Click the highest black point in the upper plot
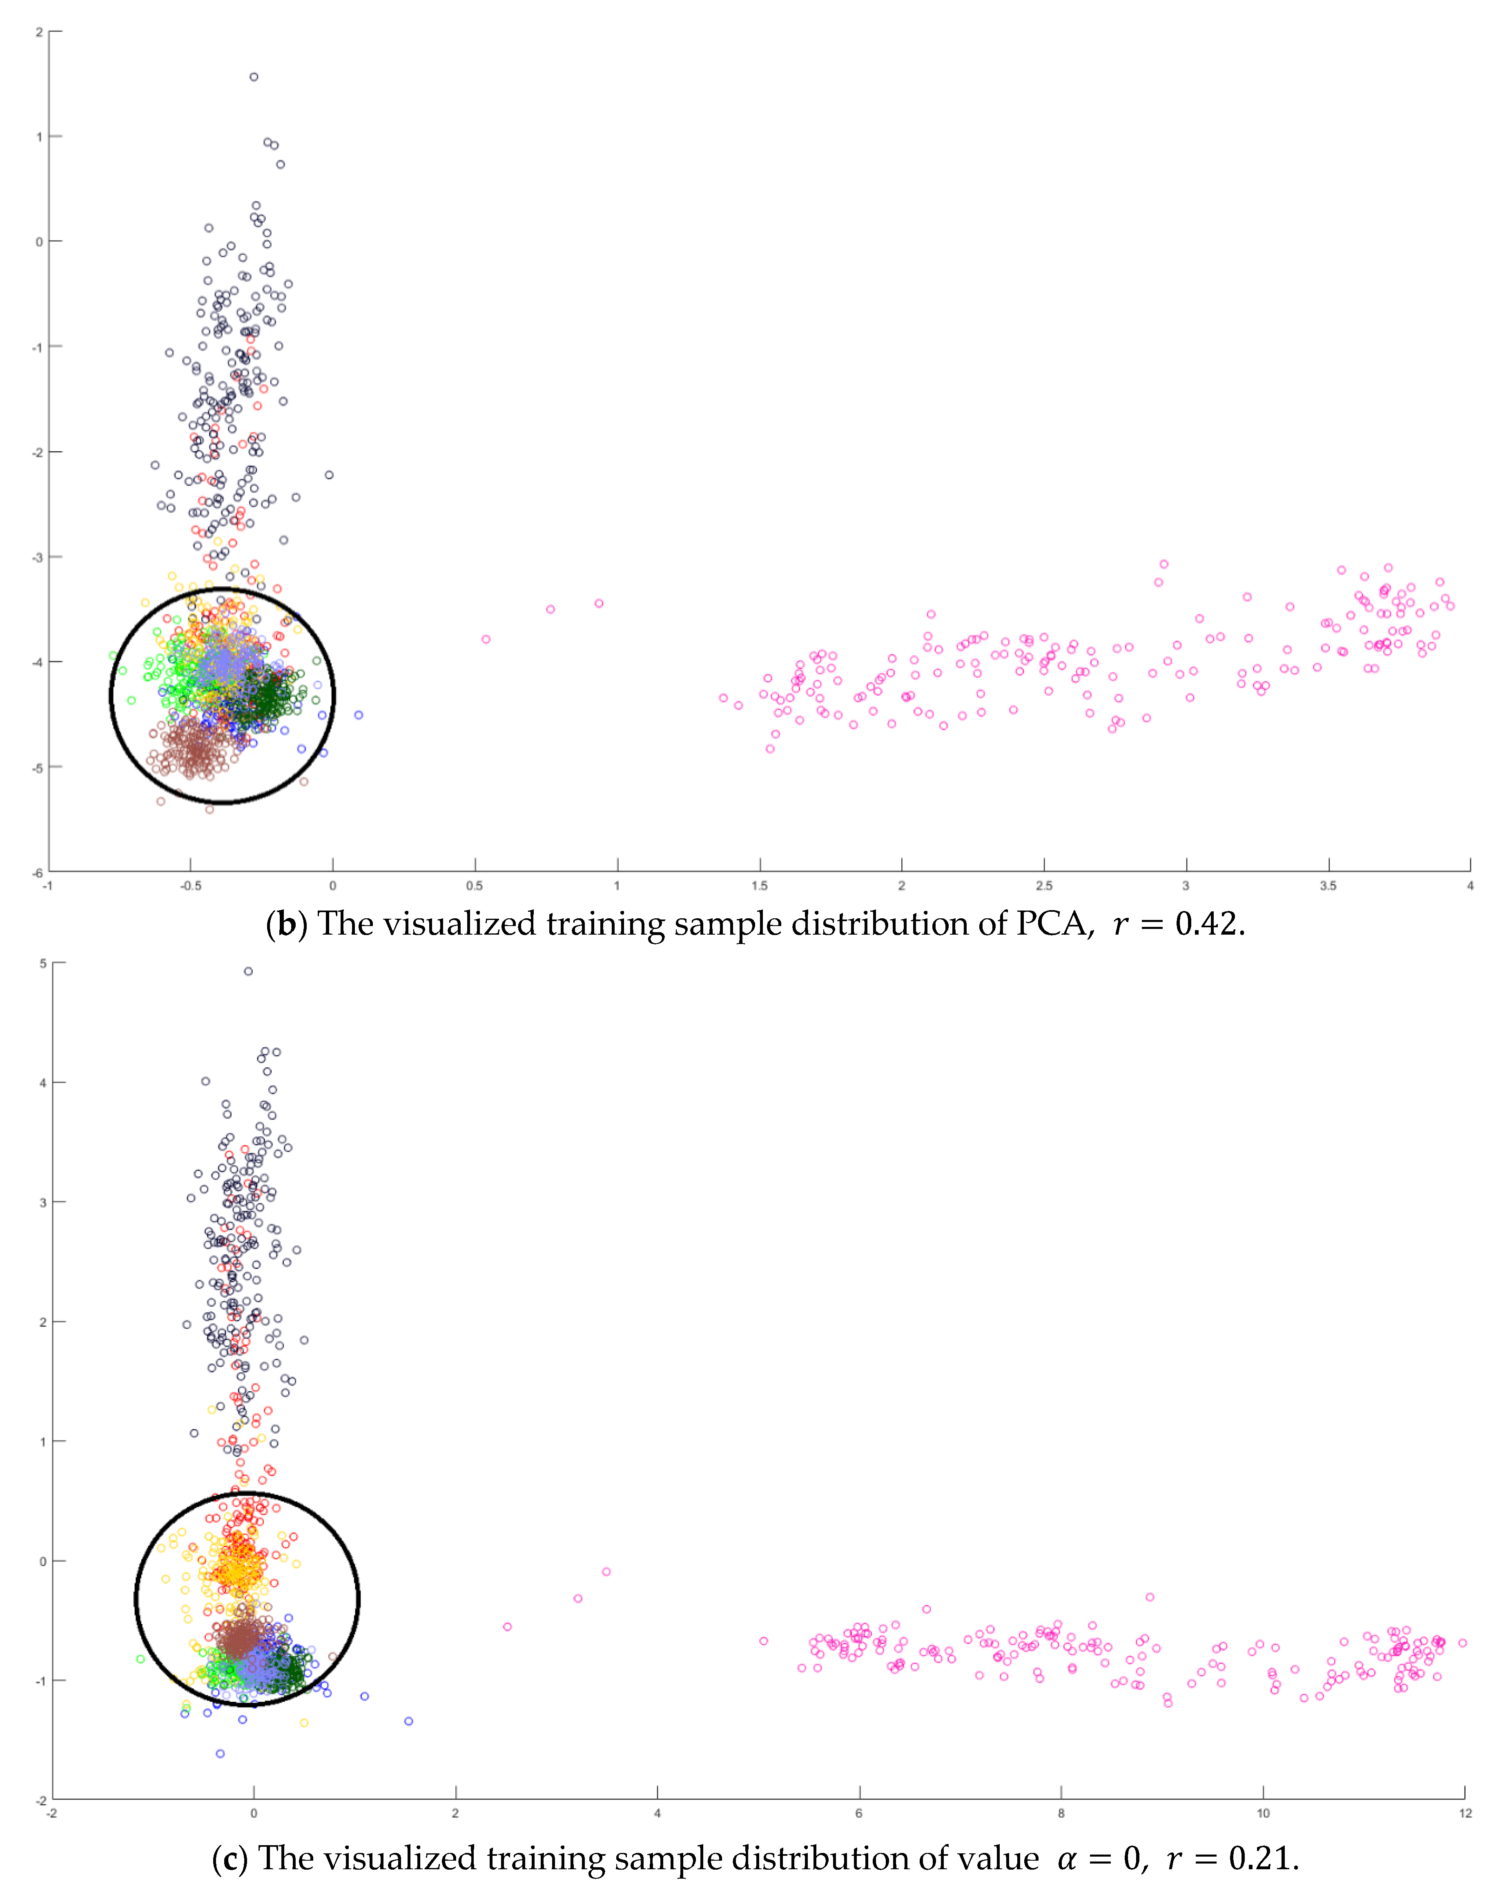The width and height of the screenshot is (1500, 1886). [x=254, y=77]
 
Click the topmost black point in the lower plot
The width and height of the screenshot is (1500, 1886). [x=249, y=971]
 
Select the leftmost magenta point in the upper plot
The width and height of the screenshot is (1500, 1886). [x=486, y=639]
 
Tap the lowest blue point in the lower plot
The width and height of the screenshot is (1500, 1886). [x=221, y=1754]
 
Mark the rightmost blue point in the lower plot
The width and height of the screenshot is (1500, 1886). [x=409, y=1721]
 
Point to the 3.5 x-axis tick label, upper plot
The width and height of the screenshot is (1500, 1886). [x=1328, y=886]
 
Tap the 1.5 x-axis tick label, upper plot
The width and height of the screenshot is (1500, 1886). [x=759, y=886]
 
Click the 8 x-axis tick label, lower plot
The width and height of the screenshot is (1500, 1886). [x=1061, y=1813]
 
